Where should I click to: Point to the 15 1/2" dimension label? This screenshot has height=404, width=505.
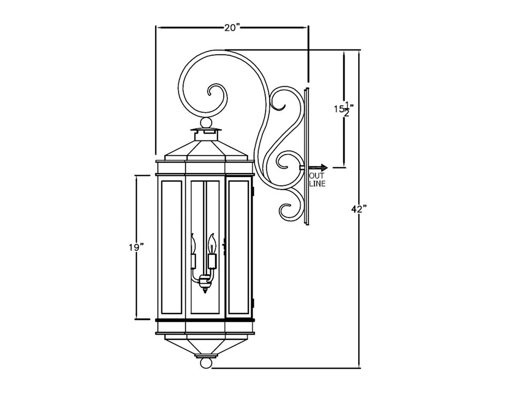(x=343, y=109)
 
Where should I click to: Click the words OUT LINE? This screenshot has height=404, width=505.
(x=317, y=180)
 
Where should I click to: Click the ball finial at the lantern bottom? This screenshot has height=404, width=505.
(x=205, y=363)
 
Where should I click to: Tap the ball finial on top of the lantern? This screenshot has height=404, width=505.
(x=207, y=124)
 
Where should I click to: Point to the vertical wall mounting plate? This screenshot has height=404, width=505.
(x=307, y=156)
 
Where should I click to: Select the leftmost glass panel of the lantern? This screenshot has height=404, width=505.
(x=171, y=247)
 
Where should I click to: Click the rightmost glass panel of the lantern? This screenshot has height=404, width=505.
(x=239, y=247)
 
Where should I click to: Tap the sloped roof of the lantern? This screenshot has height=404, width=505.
(x=205, y=149)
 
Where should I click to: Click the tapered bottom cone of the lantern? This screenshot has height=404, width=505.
(x=205, y=345)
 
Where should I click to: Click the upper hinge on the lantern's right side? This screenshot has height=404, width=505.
(x=253, y=190)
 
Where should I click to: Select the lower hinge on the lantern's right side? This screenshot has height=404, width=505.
(x=253, y=304)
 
